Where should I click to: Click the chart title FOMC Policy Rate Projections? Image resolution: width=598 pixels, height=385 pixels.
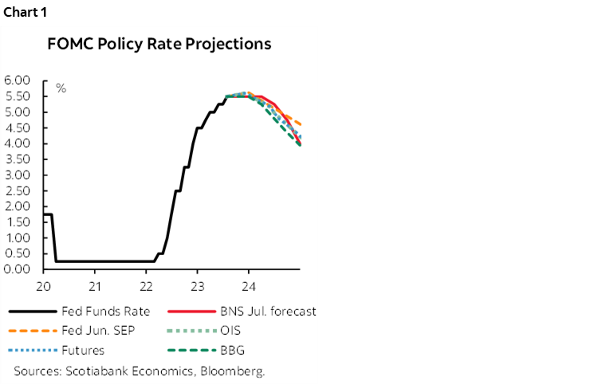point(160,44)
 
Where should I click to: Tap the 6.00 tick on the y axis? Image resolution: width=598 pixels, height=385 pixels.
point(18,81)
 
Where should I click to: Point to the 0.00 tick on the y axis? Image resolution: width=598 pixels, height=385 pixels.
point(18,269)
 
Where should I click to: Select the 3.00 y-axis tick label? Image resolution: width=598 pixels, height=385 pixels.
point(18,175)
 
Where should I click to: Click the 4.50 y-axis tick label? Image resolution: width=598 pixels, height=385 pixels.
point(18,128)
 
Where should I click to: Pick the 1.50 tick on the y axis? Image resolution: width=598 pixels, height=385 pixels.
point(18,222)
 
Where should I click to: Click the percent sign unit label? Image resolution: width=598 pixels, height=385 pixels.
point(61,88)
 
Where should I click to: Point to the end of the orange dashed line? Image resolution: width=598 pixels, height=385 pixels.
point(300,124)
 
